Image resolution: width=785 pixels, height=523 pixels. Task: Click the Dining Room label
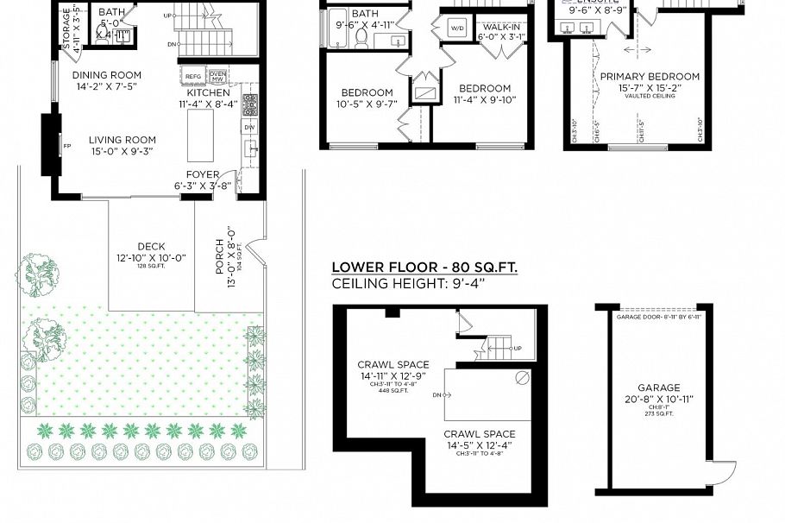click(107, 74)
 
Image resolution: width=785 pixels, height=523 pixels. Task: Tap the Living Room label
click(122, 140)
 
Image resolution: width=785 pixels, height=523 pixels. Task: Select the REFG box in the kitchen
click(193, 77)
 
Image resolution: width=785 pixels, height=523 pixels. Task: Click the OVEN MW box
click(217, 77)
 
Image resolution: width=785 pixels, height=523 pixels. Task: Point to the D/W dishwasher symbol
click(250, 128)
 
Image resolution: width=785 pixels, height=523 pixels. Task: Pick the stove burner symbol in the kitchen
click(250, 104)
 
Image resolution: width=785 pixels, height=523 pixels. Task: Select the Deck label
click(151, 246)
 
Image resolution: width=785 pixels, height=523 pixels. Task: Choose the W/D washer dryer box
click(457, 28)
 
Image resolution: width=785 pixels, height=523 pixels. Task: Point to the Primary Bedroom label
click(650, 76)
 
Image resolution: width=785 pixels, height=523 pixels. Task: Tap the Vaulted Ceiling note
click(650, 96)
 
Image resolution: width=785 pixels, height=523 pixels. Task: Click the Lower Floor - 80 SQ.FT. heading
click(424, 268)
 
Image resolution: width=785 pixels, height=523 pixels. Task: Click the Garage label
click(659, 388)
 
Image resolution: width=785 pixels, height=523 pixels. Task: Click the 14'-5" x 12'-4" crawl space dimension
click(480, 445)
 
